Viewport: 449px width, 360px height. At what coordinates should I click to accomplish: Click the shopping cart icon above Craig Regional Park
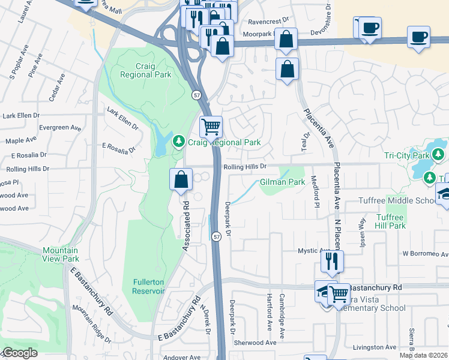coord(211,127)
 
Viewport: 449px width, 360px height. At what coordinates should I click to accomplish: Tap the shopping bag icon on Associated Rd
coord(181,179)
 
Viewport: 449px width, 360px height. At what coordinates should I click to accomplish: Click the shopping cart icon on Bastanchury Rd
coord(339,294)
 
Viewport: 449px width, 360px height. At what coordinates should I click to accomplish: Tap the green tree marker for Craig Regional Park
coord(178,142)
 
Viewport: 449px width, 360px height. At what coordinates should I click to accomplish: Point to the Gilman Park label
coord(283,182)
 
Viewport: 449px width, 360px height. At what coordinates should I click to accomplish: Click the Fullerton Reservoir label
coord(148,286)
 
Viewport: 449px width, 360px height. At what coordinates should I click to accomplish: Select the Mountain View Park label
coord(61,254)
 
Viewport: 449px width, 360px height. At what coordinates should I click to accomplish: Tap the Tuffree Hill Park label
coord(391,221)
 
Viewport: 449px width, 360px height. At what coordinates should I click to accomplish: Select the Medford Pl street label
coord(314,188)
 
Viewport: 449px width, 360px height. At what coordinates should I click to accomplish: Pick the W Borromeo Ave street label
coord(425,253)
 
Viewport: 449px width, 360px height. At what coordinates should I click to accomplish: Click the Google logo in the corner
coord(20,353)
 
